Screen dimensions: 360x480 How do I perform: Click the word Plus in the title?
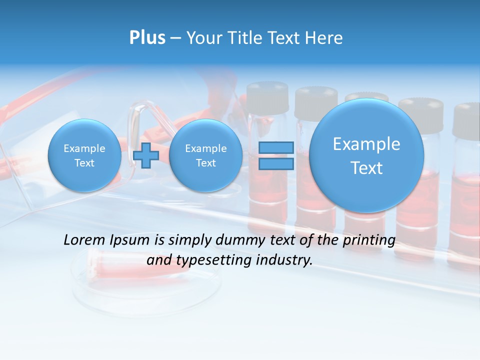[147, 38]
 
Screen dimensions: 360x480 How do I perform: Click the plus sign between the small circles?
[146, 155]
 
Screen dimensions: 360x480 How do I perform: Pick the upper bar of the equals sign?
[276, 148]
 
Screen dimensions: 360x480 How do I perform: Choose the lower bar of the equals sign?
[276, 164]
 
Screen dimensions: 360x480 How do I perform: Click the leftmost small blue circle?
[84, 155]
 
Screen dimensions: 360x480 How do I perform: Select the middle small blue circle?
[205, 155]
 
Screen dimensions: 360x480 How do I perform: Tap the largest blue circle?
[366, 155]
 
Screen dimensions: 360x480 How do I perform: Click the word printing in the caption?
[368, 240]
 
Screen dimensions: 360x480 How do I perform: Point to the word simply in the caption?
[190, 240]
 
